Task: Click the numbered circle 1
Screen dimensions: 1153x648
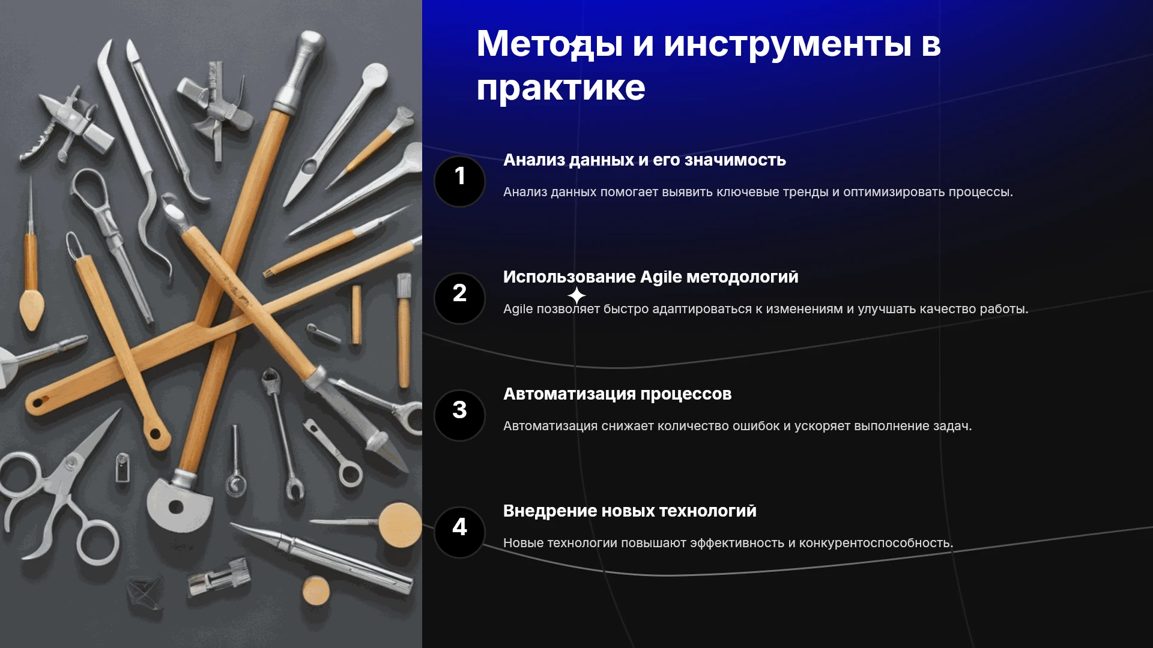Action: (x=459, y=181)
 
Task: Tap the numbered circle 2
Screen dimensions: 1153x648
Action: (x=459, y=298)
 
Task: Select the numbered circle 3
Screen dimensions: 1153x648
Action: (x=459, y=415)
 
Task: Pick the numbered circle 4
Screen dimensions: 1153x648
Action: (x=459, y=532)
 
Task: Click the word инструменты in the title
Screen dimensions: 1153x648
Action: (x=787, y=44)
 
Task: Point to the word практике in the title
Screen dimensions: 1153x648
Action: (x=561, y=88)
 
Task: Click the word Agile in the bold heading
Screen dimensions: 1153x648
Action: (x=661, y=277)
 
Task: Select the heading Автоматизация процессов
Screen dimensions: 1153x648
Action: (x=617, y=394)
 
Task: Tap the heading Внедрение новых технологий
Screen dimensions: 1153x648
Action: (x=630, y=511)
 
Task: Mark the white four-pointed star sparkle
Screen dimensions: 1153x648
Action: (x=576, y=295)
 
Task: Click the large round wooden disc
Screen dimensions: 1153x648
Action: (x=401, y=525)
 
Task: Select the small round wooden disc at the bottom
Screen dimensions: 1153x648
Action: (x=316, y=590)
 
